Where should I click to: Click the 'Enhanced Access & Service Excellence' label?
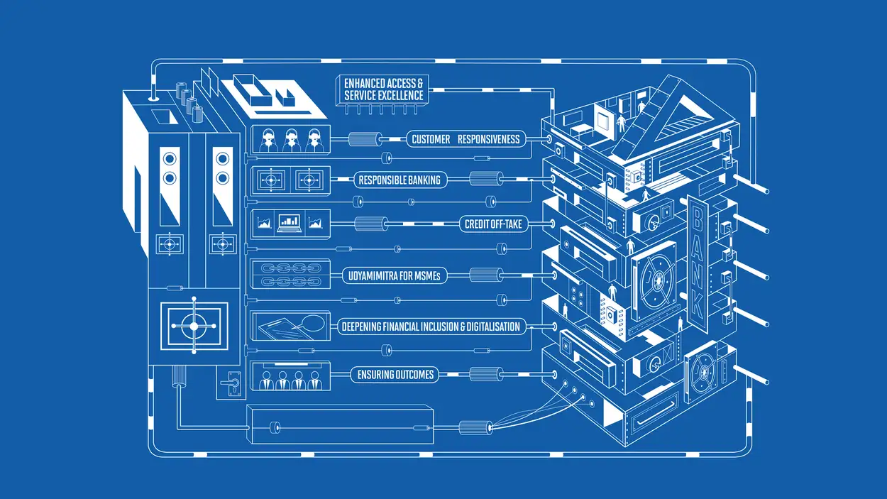tap(383, 89)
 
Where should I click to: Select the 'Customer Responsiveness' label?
tap(466, 139)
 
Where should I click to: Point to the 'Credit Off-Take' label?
tap(493, 224)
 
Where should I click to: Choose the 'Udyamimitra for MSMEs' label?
tap(395, 275)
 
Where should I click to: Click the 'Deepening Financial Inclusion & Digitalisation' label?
tap(431, 327)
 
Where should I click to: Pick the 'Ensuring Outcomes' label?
tap(395, 375)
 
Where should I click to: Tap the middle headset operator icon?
tap(291, 141)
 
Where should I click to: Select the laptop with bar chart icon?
tap(290, 224)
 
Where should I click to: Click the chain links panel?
tap(291, 275)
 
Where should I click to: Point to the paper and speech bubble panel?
tap(291, 326)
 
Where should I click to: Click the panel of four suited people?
tap(291, 375)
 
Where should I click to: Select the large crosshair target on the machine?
tap(194, 326)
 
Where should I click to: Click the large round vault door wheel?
tap(656, 281)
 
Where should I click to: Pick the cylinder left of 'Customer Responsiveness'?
tap(365, 139)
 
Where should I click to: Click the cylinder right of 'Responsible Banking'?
tap(486, 179)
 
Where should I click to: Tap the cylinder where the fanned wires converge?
tap(475, 428)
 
